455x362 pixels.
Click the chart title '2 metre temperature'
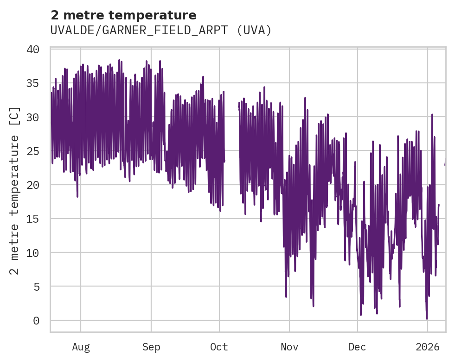pyautogui.click(x=123, y=15)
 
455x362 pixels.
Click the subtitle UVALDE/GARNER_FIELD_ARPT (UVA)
pyautogui.click(x=160, y=31)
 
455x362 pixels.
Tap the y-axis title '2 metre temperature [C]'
pyautogui.click(x=15, y=190)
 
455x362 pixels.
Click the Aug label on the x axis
pyautogui.click(x=81, y=346)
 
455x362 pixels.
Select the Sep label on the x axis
pyautogui.click(x=151, y=346)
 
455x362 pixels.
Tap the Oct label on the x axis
pyautogui.click(x=219, y=346)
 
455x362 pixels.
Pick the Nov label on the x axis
pyautogui.click(x=289, y=346)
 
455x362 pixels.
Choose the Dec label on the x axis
pyautogui.click(x=358, y=346)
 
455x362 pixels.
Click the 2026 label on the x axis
pyautogui.click(x=427, y=346)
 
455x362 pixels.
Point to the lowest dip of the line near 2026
pyautogui.click(x=427, y=318)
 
